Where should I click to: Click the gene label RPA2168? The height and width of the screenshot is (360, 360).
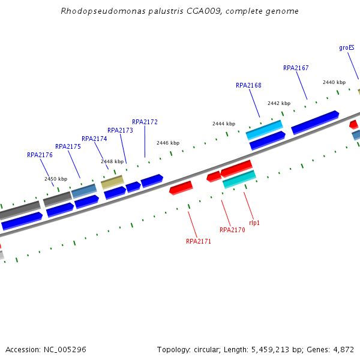248,86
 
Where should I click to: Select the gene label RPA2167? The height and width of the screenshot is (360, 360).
296,68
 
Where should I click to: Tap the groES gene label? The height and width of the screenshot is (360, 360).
347,48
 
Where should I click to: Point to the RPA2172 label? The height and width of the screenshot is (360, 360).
145,122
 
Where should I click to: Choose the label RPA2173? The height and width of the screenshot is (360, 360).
120,131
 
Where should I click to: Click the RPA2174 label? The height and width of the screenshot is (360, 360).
94,139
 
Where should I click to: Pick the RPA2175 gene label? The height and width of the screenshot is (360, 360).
68,147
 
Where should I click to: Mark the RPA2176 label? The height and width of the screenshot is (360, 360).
40,155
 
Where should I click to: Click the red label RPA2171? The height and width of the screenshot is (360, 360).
199,242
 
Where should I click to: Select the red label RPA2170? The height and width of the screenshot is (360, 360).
232,230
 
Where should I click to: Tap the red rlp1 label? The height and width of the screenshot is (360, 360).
254,223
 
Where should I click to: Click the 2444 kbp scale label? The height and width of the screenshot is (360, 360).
224,124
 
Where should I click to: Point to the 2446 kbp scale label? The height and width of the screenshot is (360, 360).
168,143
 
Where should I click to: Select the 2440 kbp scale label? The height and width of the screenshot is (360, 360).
334,83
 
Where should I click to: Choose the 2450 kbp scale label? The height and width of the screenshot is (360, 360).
56,179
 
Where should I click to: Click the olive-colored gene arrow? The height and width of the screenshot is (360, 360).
112,181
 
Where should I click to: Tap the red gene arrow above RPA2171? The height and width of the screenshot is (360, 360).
181,188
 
